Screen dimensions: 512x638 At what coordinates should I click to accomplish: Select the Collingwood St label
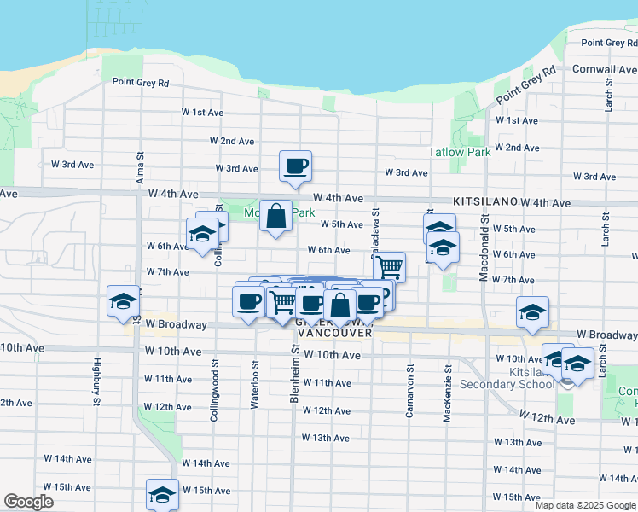[214, 373]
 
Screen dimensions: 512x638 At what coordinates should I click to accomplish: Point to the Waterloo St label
[255, 373]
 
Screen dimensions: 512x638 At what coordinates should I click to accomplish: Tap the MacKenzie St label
[447, 381]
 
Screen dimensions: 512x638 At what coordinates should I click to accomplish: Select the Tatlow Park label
[459, 152]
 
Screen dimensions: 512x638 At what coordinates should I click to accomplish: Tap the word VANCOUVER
[333, 333]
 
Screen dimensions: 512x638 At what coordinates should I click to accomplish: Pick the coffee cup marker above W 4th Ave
[296, 166]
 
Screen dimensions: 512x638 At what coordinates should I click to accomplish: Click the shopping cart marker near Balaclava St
[390, 266]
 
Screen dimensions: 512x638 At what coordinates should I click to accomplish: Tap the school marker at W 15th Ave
[162, 493]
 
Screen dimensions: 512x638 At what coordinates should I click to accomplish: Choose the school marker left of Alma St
[122, 301]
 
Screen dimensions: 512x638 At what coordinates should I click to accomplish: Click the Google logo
[28, 502]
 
